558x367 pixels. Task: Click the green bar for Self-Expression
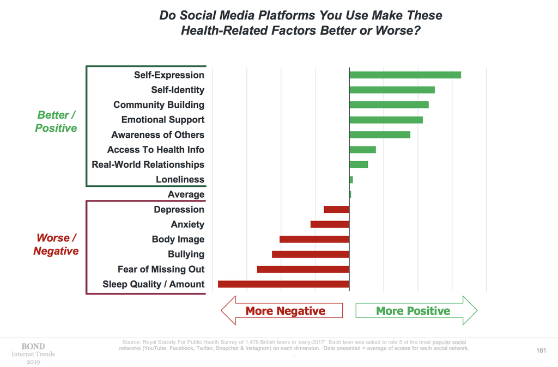pyautogui.click(x=405, y=75)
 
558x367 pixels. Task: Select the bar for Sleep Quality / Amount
pyautogui.click(x=283, y=284)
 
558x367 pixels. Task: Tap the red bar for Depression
pyautogui.click(x=336, y=209)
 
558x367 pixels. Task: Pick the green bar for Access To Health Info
pyautogui.click(x=362, y=150)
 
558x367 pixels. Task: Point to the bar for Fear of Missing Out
pyautogui.click(x=303, y=269)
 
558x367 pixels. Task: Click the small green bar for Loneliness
pyautogui.click(x=351, y=180)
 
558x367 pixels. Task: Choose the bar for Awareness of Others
pyautogui.click(x=380, y=135)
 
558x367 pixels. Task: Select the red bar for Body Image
pyautogui.click(x=314, y=239)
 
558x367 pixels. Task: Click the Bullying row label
pyautogui.click(x=186, y=254)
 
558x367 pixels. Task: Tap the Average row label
pyautogui.click(x=186, y=194)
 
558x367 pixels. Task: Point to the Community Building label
pyautogui.click(x=159, y=105)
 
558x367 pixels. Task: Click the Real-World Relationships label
pyautogui.click(x=148, y=164)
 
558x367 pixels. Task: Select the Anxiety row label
pyautogui.click(x=187, y=224)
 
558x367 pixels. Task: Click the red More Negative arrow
pyautogui.click(x=282, y=311)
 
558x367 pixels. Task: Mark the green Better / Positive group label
pyautogui.click(x=56, y=121)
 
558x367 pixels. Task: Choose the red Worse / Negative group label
pyautogui.click(x=56, y=244)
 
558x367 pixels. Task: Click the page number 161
pyautogui.click(x=541, y=351)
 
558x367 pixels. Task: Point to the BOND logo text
pyautogui.click(x=33, y=346)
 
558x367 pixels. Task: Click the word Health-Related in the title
pyautogui.click(x=225, y=30)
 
